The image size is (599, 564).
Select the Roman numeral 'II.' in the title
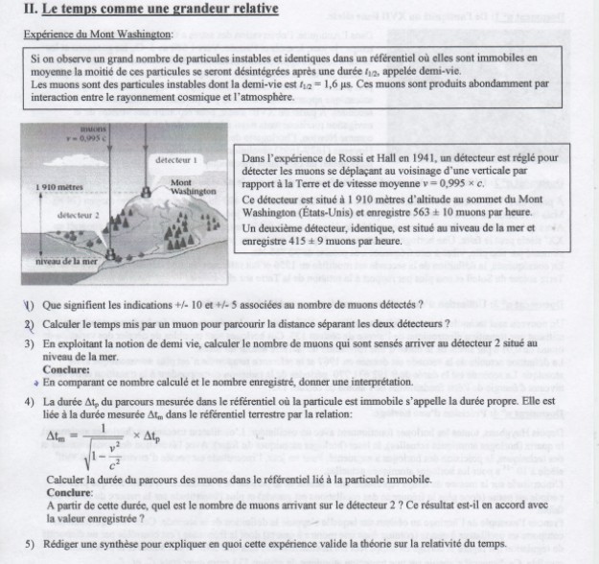pyautogui.click(x=30, y=10)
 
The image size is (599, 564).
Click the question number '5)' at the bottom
pyautogui.click(x=30, y=543)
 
